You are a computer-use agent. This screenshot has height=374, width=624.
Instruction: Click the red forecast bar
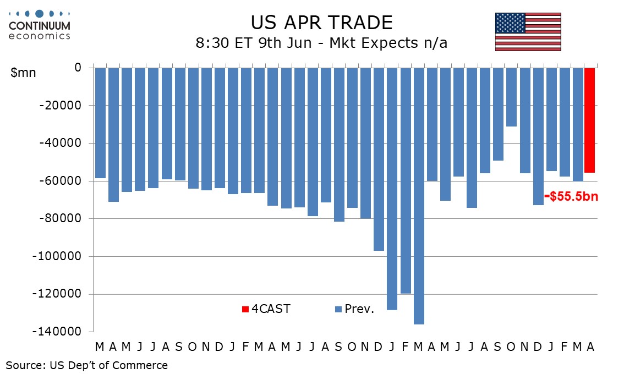pyautogui.click(x=589, y=120)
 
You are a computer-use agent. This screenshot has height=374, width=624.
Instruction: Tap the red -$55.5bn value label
pyautogui.click(x=571, y=196)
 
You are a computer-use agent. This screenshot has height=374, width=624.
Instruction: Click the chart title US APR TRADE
pyautogui.click(x=321, y=23)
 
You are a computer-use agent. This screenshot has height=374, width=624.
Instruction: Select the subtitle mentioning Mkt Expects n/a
pyautogui.click(x=321, y=42)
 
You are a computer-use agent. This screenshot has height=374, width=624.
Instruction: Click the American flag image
pyautogui.click(x=528, y=32)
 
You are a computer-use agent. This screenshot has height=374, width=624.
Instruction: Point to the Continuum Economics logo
pyautogui.click(x=40, y=25)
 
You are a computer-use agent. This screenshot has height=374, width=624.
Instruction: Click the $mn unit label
pyautogui.click(x=23, y=73)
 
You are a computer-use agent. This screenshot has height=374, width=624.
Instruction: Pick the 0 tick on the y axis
pyautogui.click(x=78, y=67)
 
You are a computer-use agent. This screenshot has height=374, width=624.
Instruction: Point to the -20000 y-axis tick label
pyautogui.click(x=60, y=106)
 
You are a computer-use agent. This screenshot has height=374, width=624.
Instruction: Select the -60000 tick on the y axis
pyautogui.click(x=60, y=180)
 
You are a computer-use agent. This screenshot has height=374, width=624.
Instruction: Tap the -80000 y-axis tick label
pyautogui.click(x=60, y=218)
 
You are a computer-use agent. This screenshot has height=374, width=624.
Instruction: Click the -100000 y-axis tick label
pyautogui.click(x=57, y=256)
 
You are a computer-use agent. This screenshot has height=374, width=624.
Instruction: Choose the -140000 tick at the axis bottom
pyautogui.click(x=57, y=332)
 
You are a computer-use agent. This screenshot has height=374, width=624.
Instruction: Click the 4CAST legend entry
pyautogui.click(x=266, y=309)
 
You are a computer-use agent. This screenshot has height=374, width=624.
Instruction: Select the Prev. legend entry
pyautogui.click(x=354, y=309)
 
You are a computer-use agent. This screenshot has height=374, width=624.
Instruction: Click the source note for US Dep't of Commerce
pyautogui.click(x=87, y=365)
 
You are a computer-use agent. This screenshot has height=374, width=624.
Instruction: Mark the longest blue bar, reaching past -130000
pyautogui.click(x=419, y=196)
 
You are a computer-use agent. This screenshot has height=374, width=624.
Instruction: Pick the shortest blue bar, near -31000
pyautogui.click(x=511, y=97)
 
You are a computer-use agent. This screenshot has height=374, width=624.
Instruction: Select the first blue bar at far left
pyautogui.click(x=100, y=123)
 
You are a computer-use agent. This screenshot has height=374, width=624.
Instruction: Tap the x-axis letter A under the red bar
pyautogui.click(x=590, y=347)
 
